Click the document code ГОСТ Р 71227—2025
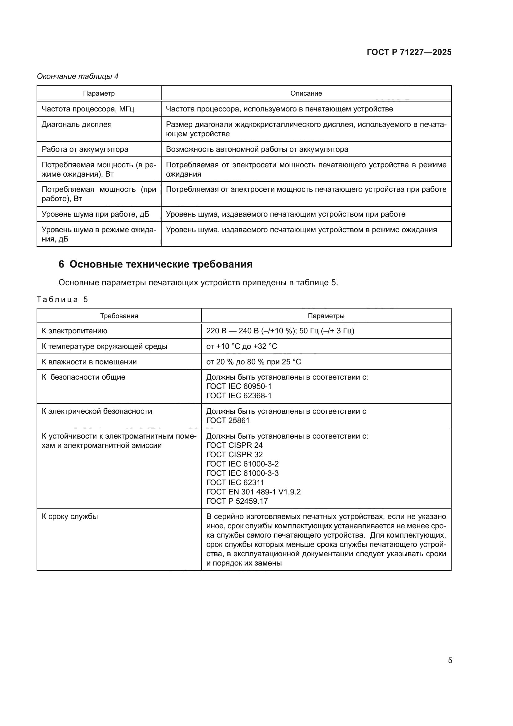pos(409,52)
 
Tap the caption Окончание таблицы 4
pos(78,76)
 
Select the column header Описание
pos(306,93)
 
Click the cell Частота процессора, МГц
pos(88,109)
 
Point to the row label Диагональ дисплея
pos(76,124)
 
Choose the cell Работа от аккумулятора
pos(85,149)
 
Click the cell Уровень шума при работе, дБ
pos(96,214)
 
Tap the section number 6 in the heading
pos(61,264)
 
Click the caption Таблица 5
pos(62,300)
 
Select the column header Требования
pos(119,316)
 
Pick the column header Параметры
pos(326,316)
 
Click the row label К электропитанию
pos(74,331)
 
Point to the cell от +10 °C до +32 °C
pos(242,347)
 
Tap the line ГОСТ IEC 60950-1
pos(239,386)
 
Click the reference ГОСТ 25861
pos(228,421)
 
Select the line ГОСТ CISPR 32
pos(234,455)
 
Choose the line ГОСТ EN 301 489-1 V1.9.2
pos(253,492)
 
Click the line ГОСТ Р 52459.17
pos(237,501)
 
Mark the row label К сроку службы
pos(70,517)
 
